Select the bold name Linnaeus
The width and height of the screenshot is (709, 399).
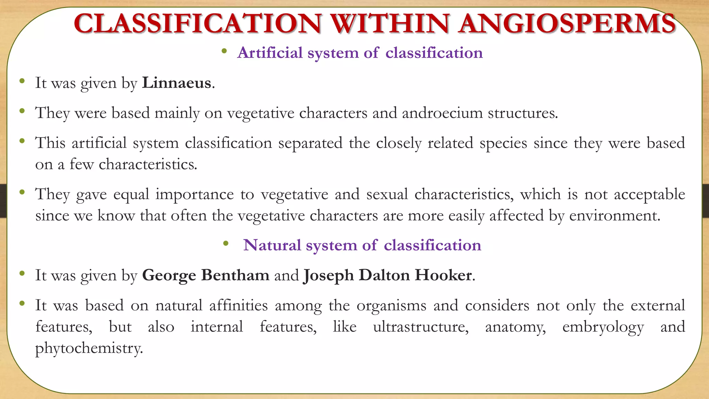177,83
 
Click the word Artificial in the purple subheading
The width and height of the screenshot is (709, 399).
270,53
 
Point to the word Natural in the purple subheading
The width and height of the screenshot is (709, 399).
272,245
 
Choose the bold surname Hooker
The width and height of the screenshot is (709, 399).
443,275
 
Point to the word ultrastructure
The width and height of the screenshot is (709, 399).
421,327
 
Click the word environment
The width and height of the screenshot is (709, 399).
614,216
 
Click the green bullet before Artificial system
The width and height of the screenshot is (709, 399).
224,52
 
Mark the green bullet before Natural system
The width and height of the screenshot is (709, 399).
226,244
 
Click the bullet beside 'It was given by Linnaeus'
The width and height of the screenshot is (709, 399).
22,81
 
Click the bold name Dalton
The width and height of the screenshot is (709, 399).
384,275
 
